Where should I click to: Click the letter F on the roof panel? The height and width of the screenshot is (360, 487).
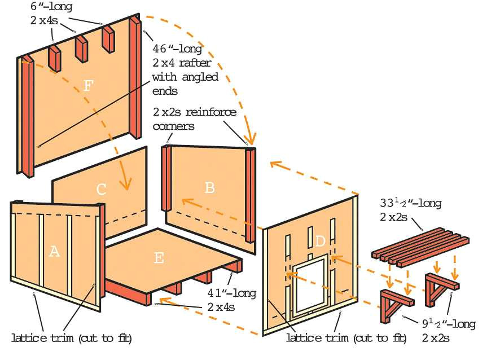click(x=88, y=85)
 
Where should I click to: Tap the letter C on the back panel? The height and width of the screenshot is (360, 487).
click(x=101, y=189)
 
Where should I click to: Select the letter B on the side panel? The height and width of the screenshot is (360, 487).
click(x=210, y=187)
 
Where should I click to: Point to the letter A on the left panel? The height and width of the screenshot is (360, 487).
click(x=54, y=251)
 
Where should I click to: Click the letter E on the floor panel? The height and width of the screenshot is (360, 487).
click(x=159, y=258)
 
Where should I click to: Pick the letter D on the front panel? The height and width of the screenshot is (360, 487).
click(x=320, y=241)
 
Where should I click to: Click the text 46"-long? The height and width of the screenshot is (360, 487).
click(x=177, y=49)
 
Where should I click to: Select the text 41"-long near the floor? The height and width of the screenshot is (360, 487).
click(x=232, y=293)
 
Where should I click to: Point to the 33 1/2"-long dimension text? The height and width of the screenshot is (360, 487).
click(x=411, y=203)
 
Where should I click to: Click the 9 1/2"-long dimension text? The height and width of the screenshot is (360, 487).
click(x=449, y=324)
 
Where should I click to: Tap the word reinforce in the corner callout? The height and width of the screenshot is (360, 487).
click(x=211, y=112)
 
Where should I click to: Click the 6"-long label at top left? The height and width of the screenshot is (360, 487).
click(x=51, y=7)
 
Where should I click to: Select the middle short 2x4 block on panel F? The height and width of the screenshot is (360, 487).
click(x=82, y=49)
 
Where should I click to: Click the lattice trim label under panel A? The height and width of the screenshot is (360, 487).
click(x=72, y=337)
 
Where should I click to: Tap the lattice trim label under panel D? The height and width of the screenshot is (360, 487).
click(x=346, y=337)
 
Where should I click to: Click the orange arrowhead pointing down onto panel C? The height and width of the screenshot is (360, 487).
click(x=126, y=183)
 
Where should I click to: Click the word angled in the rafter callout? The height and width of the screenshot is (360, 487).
click(x=200, y=77)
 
